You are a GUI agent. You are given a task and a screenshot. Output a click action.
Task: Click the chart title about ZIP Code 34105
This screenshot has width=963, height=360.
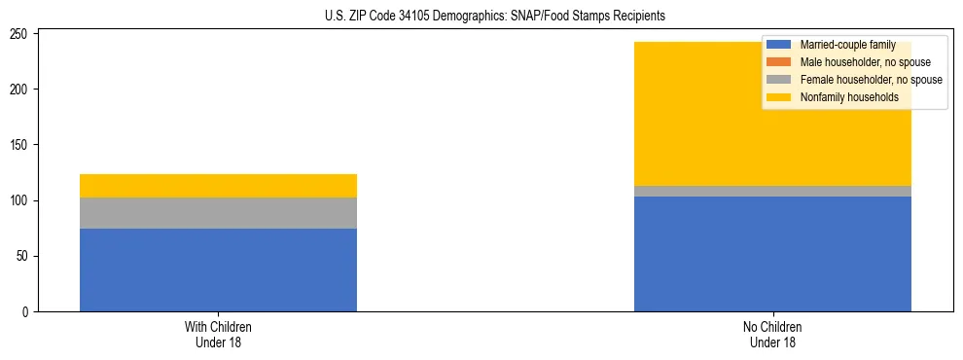coord(481,17)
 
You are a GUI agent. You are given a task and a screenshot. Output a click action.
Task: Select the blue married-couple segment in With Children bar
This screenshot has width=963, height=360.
coord(218,270)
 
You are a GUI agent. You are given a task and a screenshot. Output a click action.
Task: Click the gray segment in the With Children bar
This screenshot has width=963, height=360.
coord(218,213)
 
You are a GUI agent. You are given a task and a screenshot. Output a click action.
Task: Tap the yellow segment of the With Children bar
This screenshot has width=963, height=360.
coord(218,186)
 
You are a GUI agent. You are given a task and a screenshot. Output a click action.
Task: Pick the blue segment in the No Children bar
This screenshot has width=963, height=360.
coord(772,254)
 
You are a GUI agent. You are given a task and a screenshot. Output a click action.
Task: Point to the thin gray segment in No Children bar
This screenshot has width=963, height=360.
coord(772,192)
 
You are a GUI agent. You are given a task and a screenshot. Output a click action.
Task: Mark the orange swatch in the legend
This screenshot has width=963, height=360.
coord(779,62)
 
